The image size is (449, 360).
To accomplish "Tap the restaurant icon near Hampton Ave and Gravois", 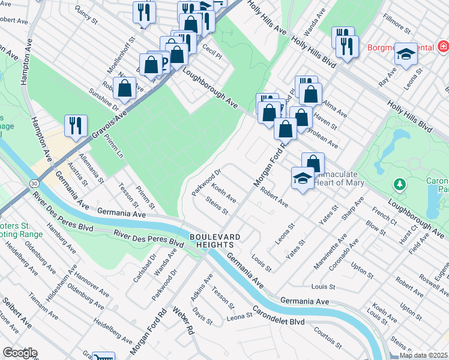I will pos(77,125).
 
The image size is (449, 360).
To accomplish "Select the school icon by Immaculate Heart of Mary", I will pos(303,178).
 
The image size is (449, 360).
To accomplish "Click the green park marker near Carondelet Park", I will pos(397,182).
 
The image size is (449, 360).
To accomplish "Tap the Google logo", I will pos(19,353).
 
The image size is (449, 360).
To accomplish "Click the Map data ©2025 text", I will pos(423,355).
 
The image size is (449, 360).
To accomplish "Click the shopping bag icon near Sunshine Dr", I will pos(124,88).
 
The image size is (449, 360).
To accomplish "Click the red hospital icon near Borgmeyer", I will pos(443,46).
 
